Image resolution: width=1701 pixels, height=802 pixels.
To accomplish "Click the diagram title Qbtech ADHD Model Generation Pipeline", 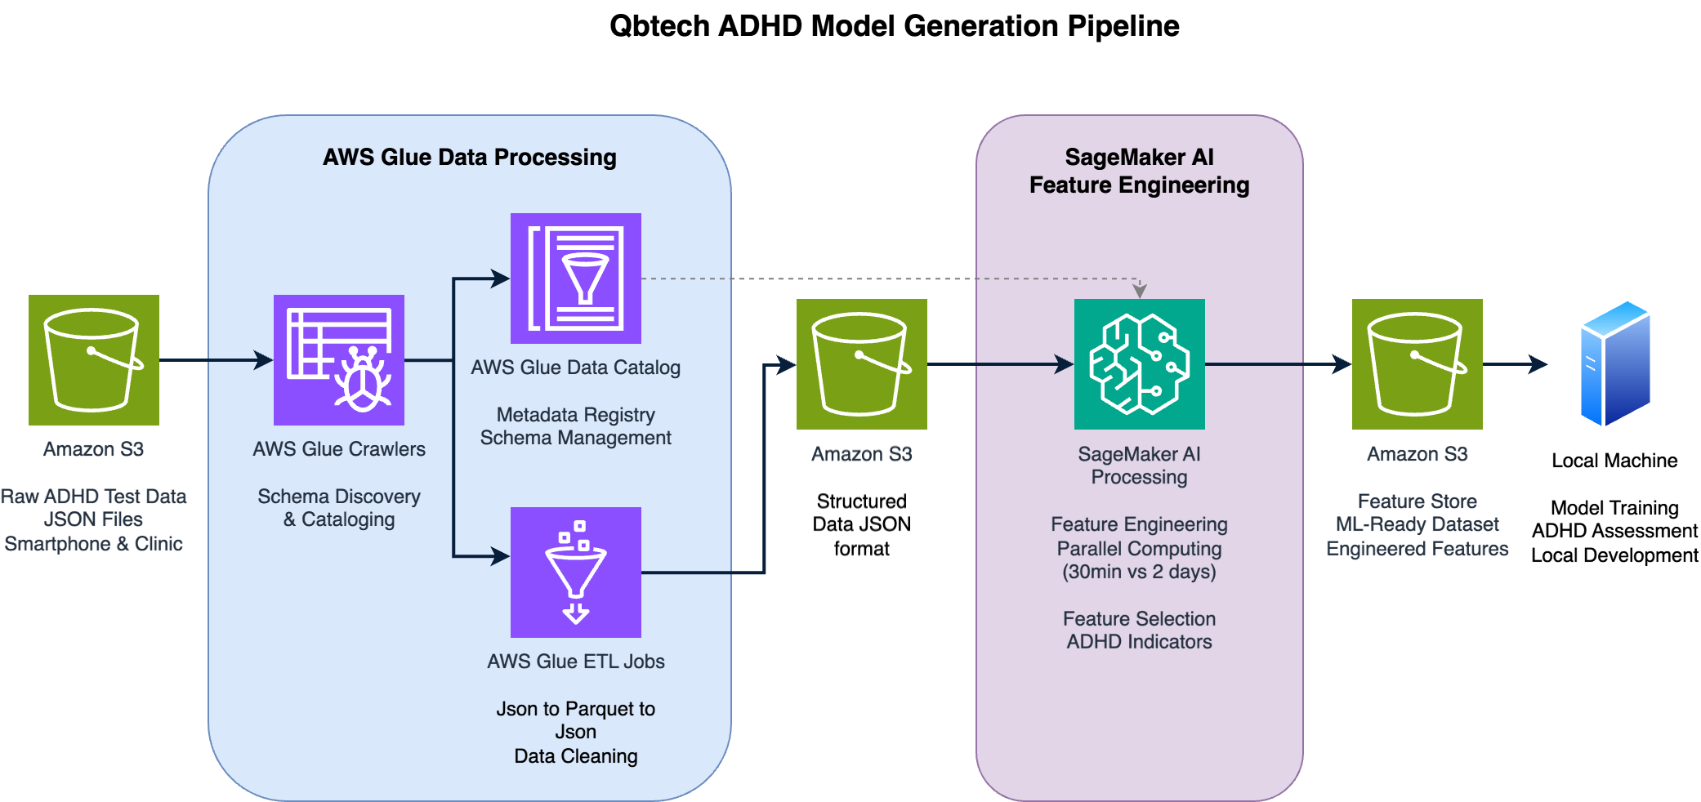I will pos(894,26).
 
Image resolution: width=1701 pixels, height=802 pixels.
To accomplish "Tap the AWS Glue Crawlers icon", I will pos(338,359).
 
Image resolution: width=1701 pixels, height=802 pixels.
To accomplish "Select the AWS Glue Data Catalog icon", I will pos(575,278).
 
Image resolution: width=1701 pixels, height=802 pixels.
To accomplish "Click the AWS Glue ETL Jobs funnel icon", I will pos(575,572).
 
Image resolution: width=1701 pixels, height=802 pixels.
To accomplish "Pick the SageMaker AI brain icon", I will pos(1139,363).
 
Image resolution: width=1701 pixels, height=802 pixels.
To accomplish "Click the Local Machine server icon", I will pos(1614,363).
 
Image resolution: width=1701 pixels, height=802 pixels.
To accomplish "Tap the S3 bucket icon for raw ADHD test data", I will pos(93,359).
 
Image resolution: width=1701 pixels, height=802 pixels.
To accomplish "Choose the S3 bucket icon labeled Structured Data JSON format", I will pos(861,363).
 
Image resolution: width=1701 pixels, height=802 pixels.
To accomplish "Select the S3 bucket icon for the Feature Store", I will pos(1417,363).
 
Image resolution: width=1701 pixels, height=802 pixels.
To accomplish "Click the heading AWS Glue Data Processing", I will pos(469,157).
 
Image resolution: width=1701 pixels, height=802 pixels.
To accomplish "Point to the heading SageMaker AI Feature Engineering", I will pos(1139,171).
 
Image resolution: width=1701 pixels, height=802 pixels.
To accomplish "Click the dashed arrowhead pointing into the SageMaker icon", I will pos(1140,291).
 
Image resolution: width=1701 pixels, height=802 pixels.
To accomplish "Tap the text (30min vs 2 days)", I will pos(1139,572).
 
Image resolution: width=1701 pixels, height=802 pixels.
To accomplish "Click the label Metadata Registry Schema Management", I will pos(575,426).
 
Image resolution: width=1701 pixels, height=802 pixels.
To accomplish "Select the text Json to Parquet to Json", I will pos(575,720).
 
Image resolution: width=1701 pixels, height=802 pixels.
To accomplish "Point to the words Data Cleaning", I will pos(575,756).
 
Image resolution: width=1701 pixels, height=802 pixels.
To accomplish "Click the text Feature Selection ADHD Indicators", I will pos(1139,630).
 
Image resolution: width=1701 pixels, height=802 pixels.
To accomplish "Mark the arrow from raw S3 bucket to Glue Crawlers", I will pos(216,359).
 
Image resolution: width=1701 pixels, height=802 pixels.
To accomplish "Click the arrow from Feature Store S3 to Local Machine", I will pos(1514,364).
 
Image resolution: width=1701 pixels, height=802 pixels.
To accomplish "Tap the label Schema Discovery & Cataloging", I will pos(338,507).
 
